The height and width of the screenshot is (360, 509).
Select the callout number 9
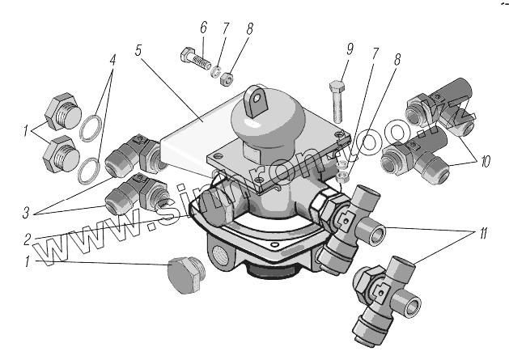[349, 49]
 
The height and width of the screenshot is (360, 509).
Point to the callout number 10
[484, 160]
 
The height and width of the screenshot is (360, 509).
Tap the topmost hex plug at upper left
[61, 112]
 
